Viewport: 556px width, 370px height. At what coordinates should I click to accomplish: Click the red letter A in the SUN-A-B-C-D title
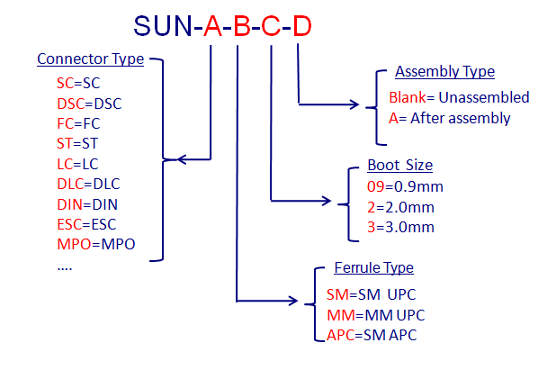(x=211, y=26)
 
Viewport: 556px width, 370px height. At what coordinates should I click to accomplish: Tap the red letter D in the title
(x=300, y=26)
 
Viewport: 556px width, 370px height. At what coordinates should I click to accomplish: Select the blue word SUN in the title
(x=163, y=26)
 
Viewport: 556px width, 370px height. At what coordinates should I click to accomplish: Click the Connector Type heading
(x=90, y=59)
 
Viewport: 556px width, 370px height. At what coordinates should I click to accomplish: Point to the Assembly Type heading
(x=444, y=72)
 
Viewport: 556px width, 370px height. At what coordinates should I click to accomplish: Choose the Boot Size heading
(x=399, y=166)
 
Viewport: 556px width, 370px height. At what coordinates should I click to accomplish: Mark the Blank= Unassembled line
(x=459, y=97)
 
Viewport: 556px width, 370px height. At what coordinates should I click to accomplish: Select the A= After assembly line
(x=450, y=118)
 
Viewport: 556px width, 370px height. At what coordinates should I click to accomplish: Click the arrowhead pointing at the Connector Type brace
(x=183, y=160)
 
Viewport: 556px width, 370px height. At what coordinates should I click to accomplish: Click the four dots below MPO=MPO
(x=65, y=266)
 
